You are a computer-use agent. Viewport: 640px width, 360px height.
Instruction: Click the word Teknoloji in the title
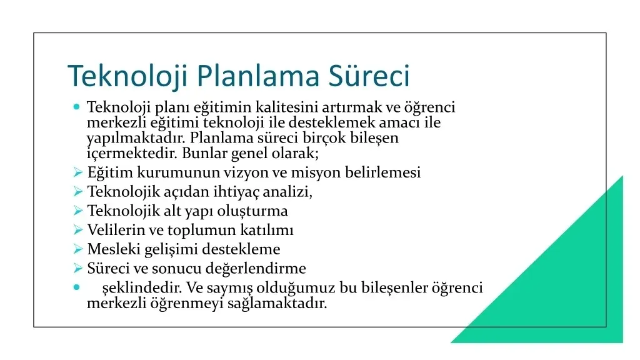click(127, 76)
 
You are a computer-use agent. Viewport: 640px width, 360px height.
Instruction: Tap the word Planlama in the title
click(258, 76)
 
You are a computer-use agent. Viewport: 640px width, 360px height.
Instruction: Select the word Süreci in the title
click(369, 75)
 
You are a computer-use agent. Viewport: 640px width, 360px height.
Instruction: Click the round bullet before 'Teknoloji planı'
click(76, 107)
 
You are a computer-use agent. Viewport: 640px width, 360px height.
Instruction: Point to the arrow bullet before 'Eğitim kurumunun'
click(78, 172)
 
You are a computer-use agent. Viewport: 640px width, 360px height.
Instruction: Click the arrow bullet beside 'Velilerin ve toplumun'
click(78, 230)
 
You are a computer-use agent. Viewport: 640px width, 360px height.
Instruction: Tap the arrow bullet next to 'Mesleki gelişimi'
click(78, 249)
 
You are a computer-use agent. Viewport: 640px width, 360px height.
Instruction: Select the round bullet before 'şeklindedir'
click(76, 287)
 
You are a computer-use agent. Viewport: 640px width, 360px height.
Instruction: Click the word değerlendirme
click(256, 269)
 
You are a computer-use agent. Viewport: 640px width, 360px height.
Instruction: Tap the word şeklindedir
click(142, 288)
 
